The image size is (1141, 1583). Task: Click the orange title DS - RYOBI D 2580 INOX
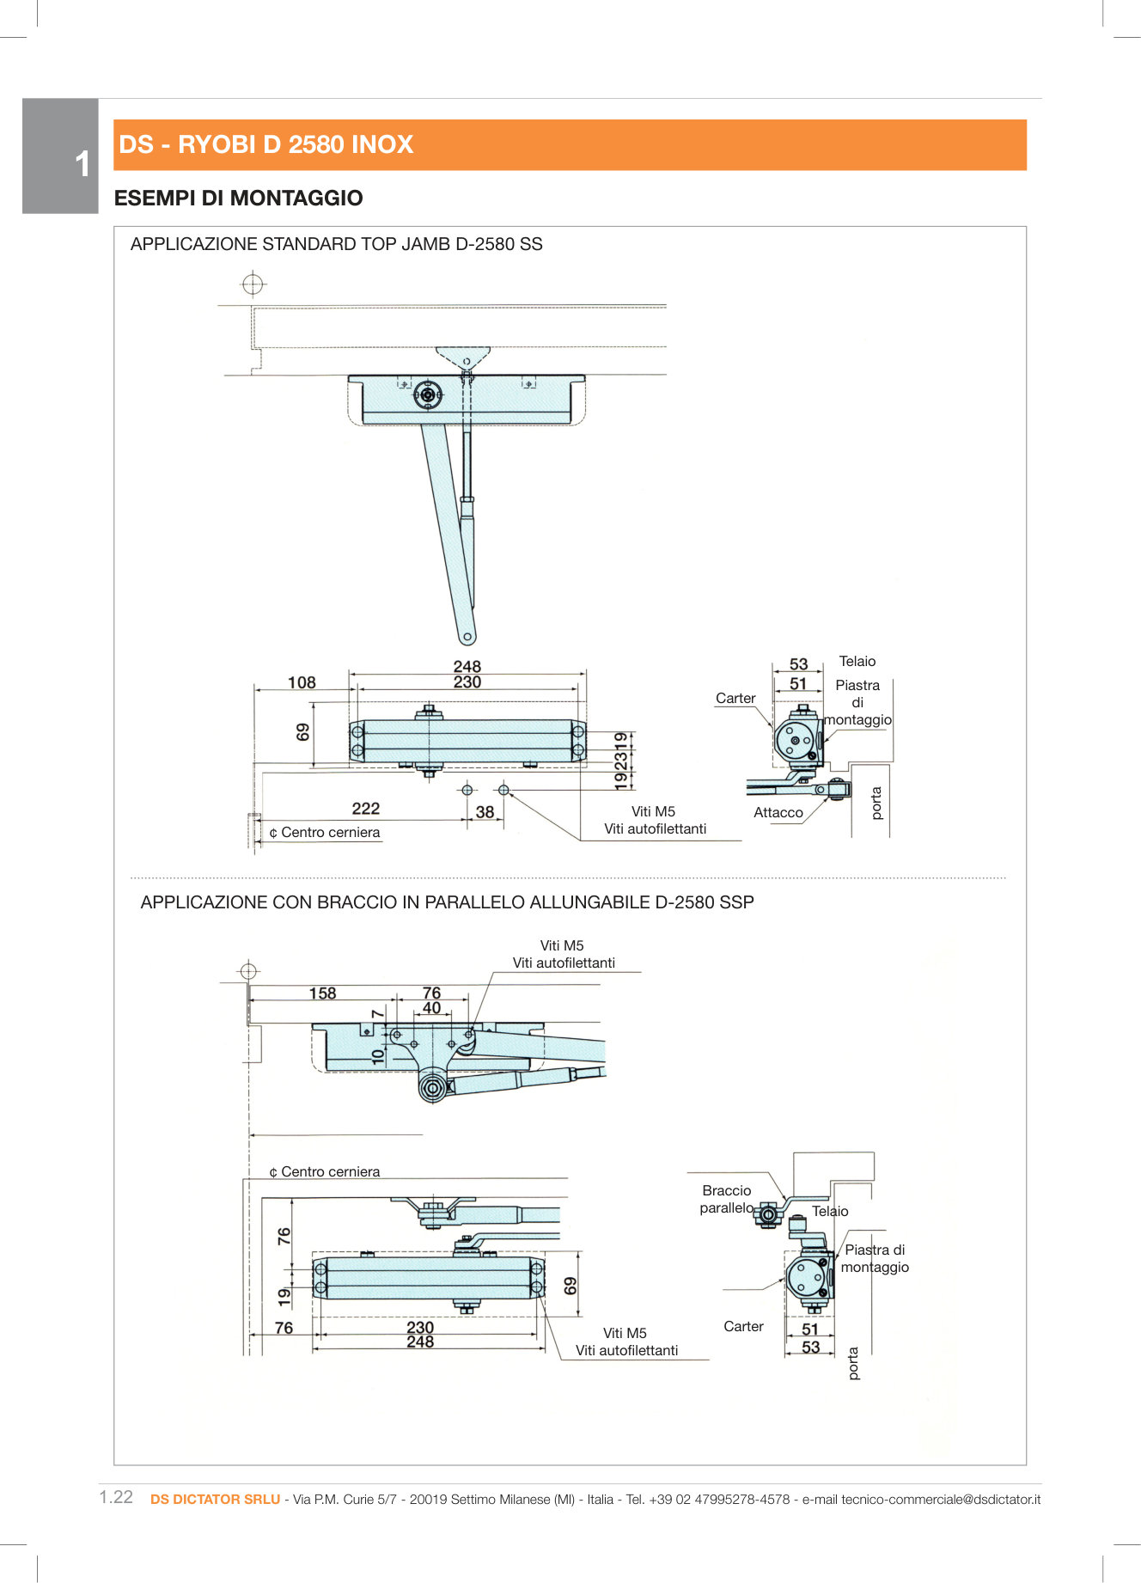(266, 144)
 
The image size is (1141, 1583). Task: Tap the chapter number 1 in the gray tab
(82, 164)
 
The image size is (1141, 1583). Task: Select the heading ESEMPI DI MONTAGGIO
(238, 199)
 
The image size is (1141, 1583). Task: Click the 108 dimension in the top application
(302, 682)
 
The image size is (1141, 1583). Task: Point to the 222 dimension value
(365, 808)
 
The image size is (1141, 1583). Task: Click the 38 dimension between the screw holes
(485, 811)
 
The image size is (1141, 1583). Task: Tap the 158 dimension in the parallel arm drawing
(322, 993)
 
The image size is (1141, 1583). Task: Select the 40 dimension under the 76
(431, 1007)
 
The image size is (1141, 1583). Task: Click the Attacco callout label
(778, 812)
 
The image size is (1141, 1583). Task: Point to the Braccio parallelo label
(726, 1199)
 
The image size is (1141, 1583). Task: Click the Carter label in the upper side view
(735, 698)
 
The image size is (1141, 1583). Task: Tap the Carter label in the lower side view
(743, 1326)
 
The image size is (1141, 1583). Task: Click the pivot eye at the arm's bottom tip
(467, 638)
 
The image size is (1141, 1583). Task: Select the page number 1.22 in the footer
(116, 1497)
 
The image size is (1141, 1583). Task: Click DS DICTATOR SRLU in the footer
(215, 1499)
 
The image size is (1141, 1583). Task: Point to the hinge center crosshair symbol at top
(253, 283)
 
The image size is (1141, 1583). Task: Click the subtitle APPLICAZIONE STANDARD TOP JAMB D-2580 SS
(336, 244)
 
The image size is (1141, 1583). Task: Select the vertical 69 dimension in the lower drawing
(570, 1286)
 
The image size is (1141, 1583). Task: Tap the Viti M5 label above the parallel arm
(562, 945)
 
